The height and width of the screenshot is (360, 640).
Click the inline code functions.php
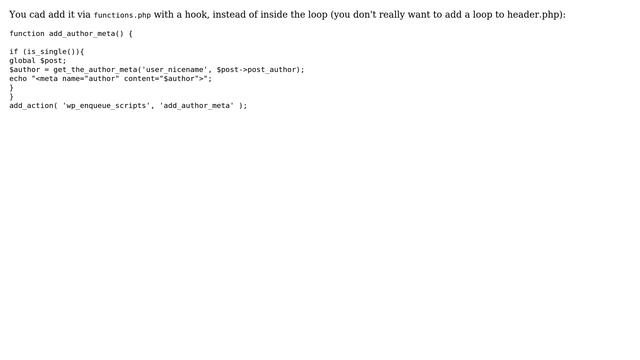(x=122, y=15)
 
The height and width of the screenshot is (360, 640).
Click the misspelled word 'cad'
(x=38, y=15)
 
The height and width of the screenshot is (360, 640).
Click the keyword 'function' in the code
(x=27, y=33)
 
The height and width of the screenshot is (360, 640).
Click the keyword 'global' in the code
(x=23, y=60)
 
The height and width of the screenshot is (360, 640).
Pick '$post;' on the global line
(x=53, y=60)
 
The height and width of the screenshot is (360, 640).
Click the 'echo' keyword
(x=18, y=78)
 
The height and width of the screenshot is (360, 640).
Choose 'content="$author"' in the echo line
(x=159, y=78)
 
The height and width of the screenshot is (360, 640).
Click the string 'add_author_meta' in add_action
(x=197, y=105)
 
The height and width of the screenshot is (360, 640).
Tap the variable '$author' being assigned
(x=25, y=69)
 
